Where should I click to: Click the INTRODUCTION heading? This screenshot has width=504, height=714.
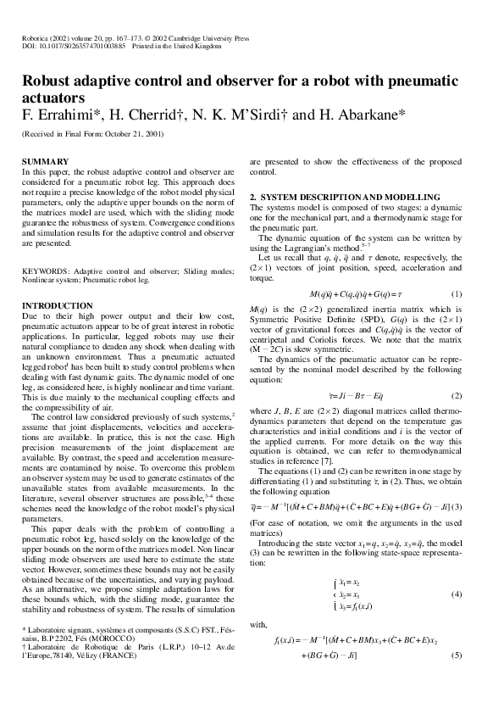(x=56, y=304)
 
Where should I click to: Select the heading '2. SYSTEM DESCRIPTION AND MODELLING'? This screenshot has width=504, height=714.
(x=344, y=197)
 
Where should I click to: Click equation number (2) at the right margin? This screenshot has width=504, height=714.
(x=456, y=396)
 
